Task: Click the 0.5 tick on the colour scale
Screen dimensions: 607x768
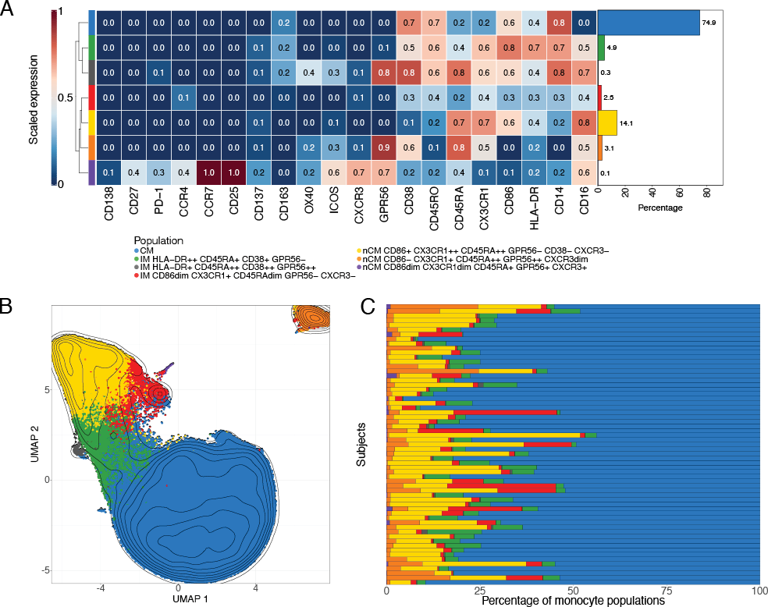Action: [73, 98]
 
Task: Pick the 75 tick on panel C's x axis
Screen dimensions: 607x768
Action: [667, 591]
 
